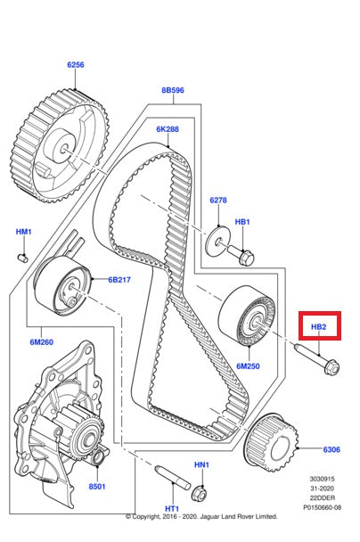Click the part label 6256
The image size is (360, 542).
(76, 65)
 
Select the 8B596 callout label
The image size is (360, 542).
(173, 90)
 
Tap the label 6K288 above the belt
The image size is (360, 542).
(168, 129)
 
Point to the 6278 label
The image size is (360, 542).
(218, 201)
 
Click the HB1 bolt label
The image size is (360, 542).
(242, 222)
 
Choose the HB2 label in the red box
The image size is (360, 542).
(318, 326)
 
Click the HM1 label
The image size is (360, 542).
(24, 232)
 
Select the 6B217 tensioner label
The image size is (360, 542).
(119, 280)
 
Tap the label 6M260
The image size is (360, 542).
(42, 342)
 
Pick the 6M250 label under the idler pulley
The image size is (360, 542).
(248, 366)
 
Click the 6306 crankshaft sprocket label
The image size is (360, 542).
(331, 449)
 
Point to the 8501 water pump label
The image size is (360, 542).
(97, 487)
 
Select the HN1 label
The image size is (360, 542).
(201, 465)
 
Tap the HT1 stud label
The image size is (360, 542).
(172, 509)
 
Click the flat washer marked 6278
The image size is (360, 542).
(217, 241)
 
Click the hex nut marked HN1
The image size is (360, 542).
(199, 493)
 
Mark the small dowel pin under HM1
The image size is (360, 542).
(23, 257)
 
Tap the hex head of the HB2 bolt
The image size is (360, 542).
(331, 366)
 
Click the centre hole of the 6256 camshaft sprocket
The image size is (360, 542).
(64, 150)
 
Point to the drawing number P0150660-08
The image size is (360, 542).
(323, 507)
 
